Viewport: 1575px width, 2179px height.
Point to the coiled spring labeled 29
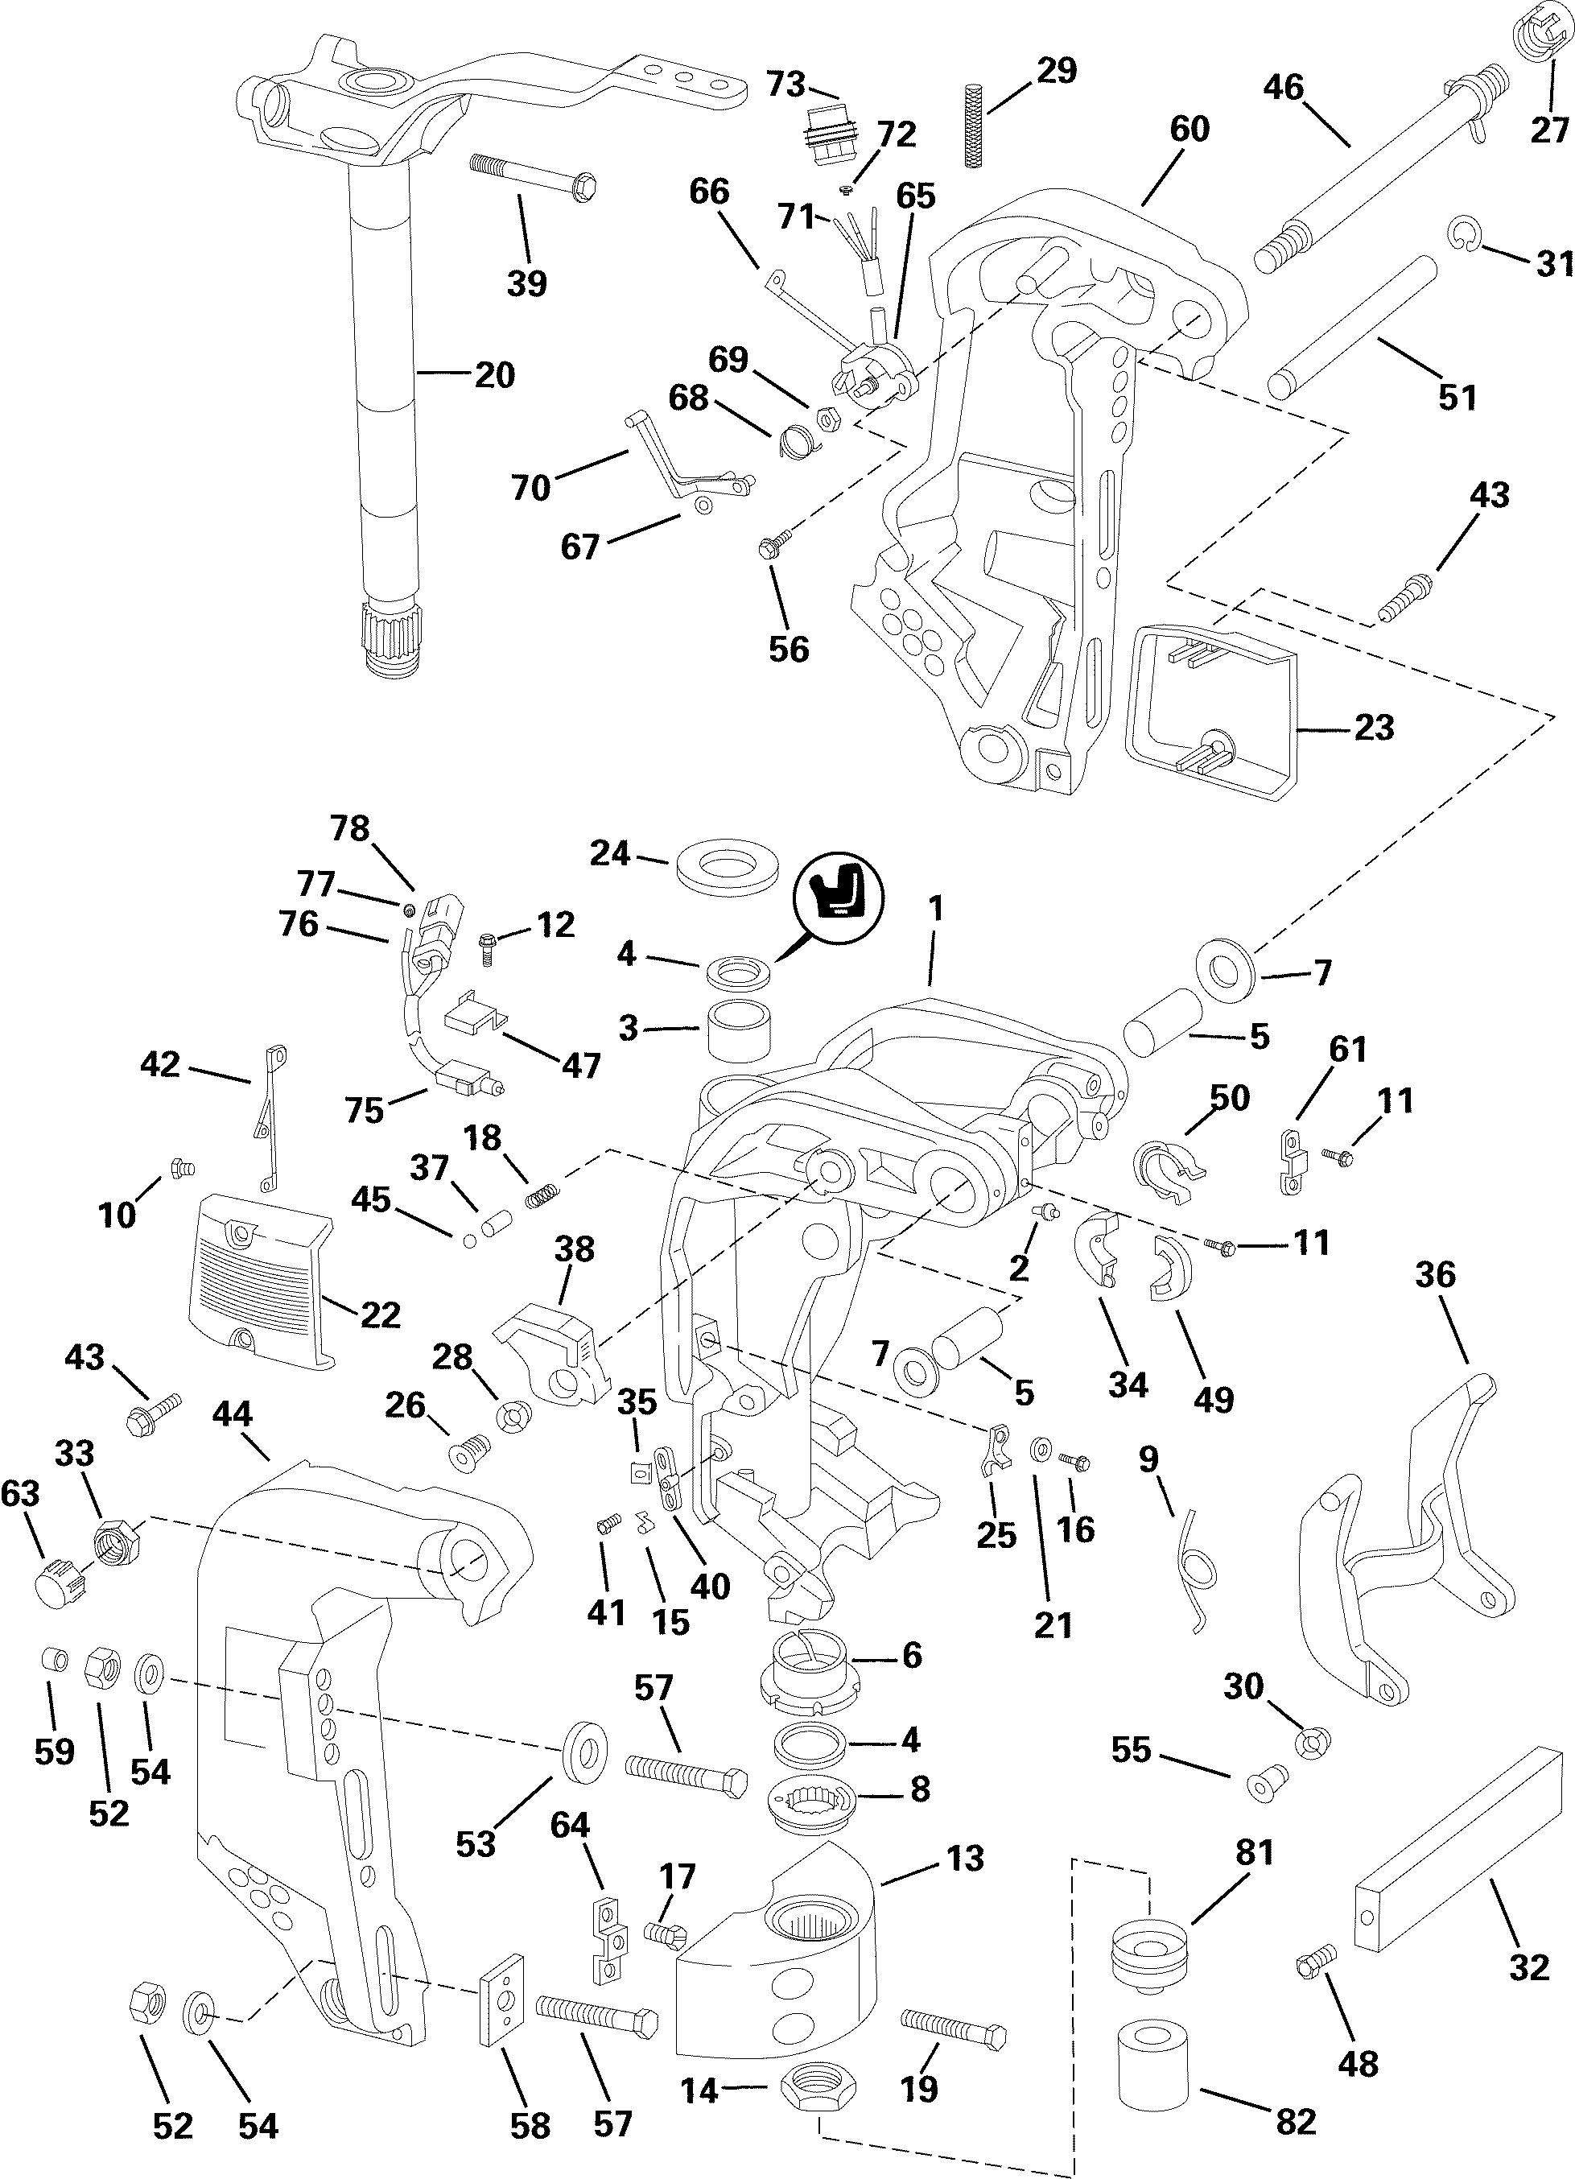tap(973, 115)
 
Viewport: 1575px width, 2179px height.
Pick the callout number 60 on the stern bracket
tap(1189, 129)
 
